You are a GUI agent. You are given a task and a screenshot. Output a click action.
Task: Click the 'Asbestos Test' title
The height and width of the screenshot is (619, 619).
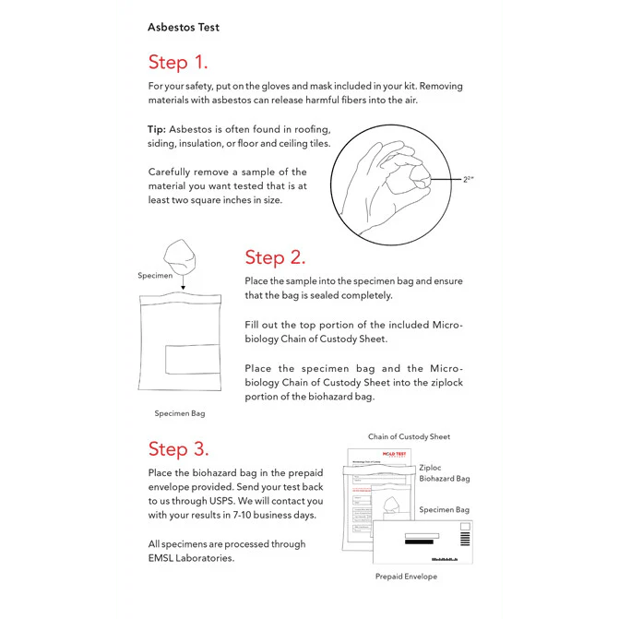[x=184, y=27]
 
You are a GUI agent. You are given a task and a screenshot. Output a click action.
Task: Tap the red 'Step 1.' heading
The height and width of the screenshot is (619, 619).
[x=178, y=63]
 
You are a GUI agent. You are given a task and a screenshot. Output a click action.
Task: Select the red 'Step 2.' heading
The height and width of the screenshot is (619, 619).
[x=275, y=257]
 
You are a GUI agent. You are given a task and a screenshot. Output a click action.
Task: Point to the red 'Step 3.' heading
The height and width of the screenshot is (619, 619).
[x=178, y=449]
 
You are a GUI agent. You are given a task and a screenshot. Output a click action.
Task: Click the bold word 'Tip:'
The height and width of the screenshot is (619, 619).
[x=157, y=129]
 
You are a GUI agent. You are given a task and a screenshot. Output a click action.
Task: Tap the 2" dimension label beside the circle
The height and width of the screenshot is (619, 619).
[x=469, y=180]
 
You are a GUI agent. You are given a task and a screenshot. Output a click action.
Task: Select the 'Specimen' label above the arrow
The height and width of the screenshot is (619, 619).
[x=155, y=275]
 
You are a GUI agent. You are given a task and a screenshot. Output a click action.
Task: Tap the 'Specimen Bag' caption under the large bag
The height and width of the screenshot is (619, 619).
[x=180, y=413]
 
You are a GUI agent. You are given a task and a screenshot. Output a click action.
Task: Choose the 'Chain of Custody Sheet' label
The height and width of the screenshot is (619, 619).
[x=409, y=436]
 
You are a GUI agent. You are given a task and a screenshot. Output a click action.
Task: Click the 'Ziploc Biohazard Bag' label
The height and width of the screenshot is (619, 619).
[x=445, y=473]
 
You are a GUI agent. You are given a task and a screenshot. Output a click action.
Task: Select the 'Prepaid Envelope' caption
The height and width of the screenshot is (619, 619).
[x=406, y=576]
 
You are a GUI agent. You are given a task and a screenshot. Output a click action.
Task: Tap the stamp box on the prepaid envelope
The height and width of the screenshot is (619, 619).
[x=464, y=533]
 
